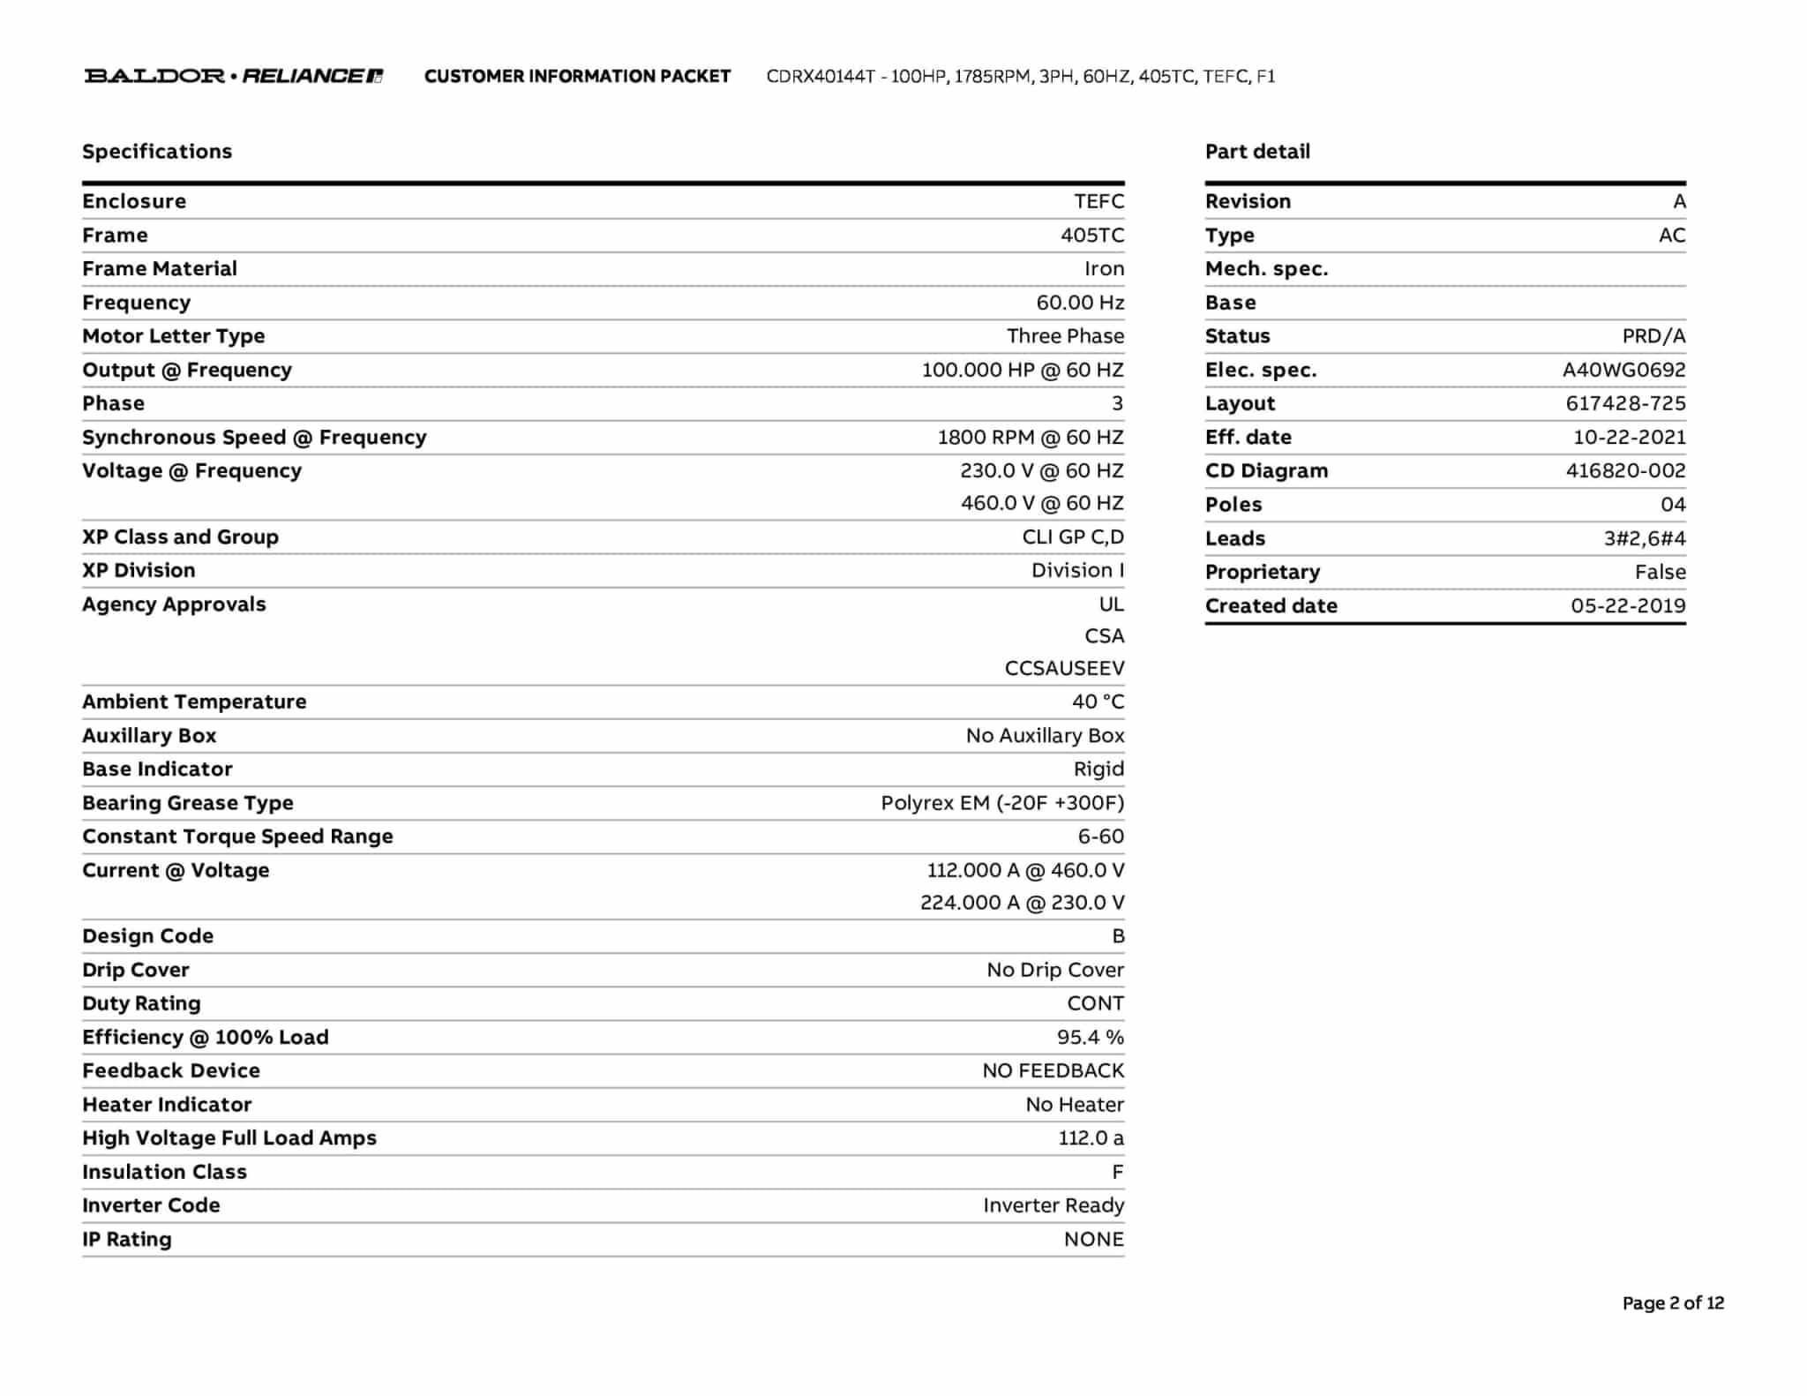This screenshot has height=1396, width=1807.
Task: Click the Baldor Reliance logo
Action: (234, 76)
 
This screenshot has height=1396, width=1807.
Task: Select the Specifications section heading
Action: (157, 152)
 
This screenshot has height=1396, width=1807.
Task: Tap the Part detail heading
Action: (1257, 152)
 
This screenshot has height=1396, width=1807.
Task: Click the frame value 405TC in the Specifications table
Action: (1092, 236)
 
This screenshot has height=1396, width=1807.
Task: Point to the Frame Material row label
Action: (160, 269)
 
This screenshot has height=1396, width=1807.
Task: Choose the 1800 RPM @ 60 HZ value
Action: (1031, 438)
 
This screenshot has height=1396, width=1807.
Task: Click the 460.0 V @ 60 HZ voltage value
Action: (1042, 503)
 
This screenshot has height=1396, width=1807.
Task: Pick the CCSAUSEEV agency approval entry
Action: (1064, 669)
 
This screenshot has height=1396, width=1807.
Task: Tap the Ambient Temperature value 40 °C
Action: (1098, 702)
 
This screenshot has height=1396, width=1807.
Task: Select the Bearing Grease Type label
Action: (188, 803)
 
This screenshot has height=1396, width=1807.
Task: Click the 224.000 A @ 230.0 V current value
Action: (1022, 903)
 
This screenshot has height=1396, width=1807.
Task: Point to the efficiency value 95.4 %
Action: (1091, 1038)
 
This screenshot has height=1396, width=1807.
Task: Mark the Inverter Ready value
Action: (1053, 1205)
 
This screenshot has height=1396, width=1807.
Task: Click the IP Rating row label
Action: (127, 1240)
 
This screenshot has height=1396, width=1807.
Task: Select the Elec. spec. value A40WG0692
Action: (1623, 371)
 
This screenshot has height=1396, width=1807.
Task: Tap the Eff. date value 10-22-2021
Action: (1629, 438)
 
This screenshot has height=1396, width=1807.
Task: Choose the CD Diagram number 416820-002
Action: (1625, 471)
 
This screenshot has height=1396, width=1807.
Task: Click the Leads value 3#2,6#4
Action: (1645, 539)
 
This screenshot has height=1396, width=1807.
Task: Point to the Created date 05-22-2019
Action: (1628, 606)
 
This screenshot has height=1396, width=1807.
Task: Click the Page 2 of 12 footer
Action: (1673, 1303)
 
